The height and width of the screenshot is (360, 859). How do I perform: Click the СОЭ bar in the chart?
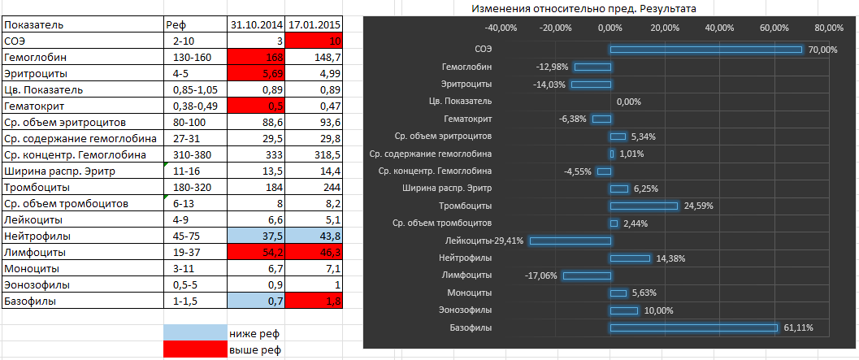point(705,50)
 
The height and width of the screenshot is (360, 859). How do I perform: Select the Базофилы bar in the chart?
point(693,327)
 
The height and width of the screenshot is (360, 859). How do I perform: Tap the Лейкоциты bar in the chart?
point(570,241)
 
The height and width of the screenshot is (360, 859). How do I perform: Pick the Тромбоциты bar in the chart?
point(644,206)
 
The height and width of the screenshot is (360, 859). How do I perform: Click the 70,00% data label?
point(822,50)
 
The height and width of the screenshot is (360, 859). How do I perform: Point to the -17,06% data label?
point(542,275)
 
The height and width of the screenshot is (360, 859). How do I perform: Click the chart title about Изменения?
point(583,8)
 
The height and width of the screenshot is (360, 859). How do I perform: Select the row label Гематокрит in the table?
point(33,106)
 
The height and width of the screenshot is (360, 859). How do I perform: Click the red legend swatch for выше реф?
point(195,349)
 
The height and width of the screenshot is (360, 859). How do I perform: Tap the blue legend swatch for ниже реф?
point(195,333)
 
